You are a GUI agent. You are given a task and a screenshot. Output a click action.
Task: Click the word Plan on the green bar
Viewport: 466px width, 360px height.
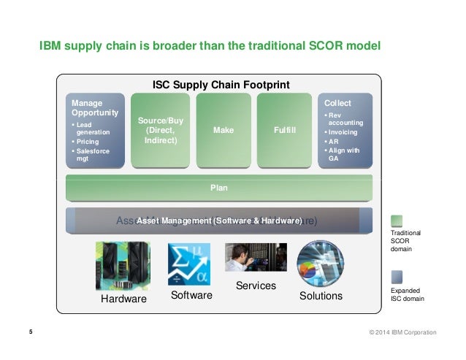click(x=219, y=188)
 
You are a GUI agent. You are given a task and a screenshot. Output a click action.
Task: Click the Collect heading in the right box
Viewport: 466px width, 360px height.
click(x=337, y=104)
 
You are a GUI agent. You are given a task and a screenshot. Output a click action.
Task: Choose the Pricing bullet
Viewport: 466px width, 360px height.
click(x=86, y=142)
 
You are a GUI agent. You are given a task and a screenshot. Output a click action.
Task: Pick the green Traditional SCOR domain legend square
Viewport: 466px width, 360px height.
click(x=397, y=221)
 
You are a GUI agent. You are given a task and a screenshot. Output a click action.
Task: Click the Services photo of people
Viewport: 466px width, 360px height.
click(x=256, y=258)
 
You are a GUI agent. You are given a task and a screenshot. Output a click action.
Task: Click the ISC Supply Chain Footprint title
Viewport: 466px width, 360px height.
click(x=221, y=85)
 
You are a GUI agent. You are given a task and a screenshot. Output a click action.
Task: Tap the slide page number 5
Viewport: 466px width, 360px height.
click(x=31, y=332)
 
